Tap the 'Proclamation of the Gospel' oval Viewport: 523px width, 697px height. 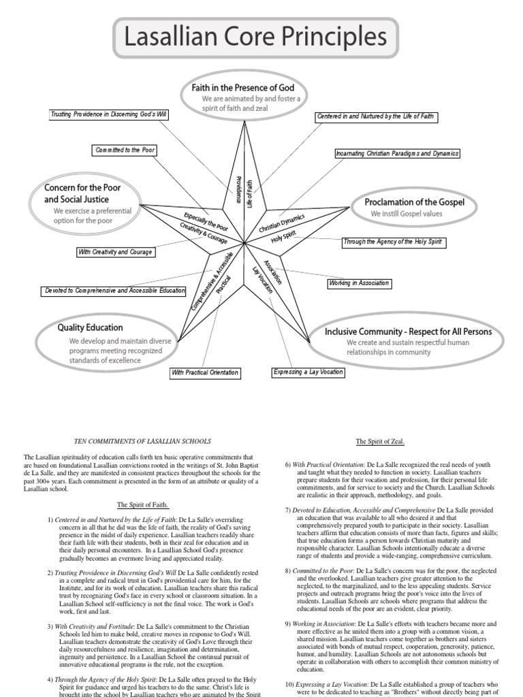coord(414,207)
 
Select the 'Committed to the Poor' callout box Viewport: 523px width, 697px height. coord(125,150)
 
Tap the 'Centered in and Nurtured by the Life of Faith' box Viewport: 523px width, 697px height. coord(375,117)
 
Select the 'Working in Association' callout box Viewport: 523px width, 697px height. coord(360,282)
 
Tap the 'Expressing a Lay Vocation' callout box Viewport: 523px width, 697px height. coord(308,372)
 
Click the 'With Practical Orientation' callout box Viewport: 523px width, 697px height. coord(205,372)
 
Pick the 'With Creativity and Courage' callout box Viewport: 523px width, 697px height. coord(115,252)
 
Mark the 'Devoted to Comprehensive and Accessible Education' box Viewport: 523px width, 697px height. coord(114,290)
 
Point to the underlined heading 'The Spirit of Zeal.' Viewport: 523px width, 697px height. coord(380,441)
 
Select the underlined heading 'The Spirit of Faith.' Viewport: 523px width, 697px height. coord(142,504)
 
